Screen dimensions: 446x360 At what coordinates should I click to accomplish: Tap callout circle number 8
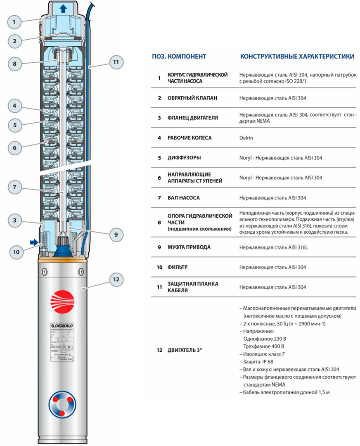pyautogui.click(x=14, y=64)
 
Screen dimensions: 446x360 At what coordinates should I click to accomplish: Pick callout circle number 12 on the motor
pyautogui.click(x=116, y=280)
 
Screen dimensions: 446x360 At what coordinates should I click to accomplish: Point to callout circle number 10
pyautogui.click(x=16, y=251)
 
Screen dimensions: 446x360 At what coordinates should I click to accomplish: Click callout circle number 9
pyautogui.click(x=116, y=234)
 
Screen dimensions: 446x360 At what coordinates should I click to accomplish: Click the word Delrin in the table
pyautogui.click(x=247, y=138)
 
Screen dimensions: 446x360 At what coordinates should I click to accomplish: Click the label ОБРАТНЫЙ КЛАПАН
pyautogui.click(x=193, y=98)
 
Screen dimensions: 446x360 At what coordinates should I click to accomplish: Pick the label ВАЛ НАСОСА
pyautogui.click(x=183, y=198)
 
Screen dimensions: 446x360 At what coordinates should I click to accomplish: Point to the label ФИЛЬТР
pyautogui.click(x=178, y=267)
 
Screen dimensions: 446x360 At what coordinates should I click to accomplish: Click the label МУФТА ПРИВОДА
pyautogui.click(x=189, y=247)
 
